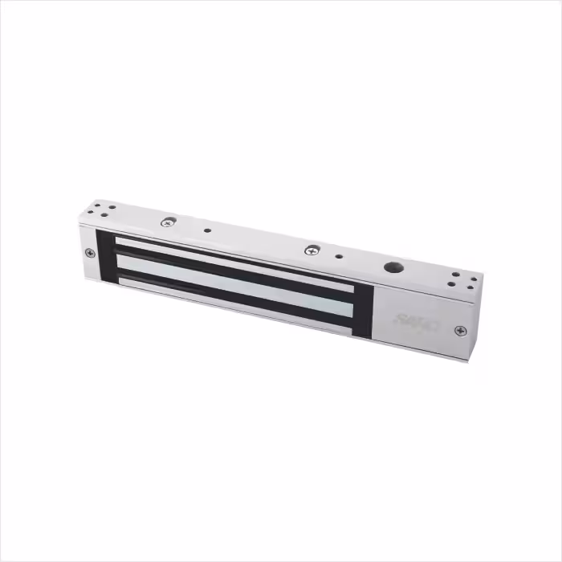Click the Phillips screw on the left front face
pos(90,253)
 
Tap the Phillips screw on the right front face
pos(459,330)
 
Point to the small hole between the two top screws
pos(207,230)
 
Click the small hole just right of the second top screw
pos(339,258)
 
